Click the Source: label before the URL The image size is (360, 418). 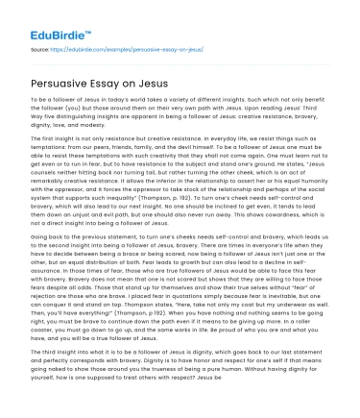pos(39,45)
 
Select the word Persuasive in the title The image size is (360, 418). pos(62,77)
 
